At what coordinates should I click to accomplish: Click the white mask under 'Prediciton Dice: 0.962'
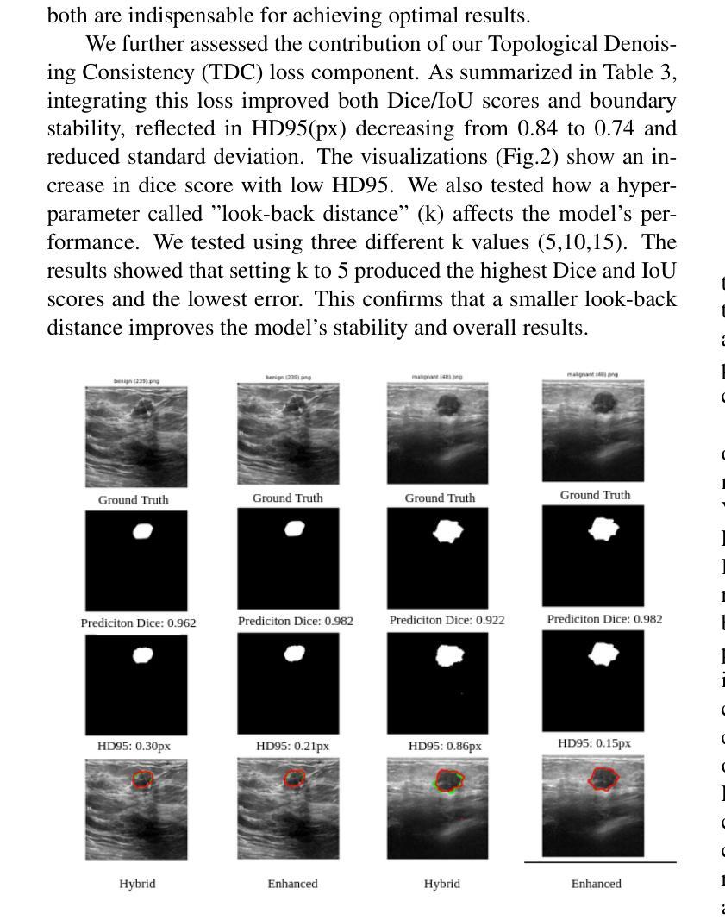(143, 655)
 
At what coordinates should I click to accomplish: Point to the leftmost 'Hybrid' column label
(138, 883)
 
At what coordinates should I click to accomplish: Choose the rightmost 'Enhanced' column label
(596, 883)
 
